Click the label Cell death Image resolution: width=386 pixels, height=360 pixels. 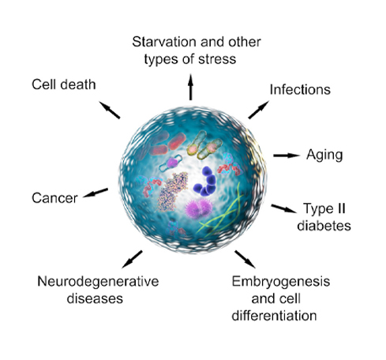pos(64,84)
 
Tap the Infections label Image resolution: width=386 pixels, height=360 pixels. pos(300,89)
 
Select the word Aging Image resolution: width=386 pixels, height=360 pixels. pos(324,156)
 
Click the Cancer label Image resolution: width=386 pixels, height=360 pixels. pos(54,198)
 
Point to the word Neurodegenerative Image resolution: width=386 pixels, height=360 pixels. pos(98,281)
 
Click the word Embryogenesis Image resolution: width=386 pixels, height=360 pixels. pos(281,282)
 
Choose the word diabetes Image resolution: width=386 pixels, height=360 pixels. pos(324,226)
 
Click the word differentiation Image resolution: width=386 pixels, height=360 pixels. pos(274,316)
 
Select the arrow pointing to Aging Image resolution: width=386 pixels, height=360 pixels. pos(287,156)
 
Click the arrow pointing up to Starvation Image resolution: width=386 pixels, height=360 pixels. pos(191,87)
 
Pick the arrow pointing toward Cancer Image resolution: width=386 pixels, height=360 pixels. pos(96,193)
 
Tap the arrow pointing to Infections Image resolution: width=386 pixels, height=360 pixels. pos(259,110)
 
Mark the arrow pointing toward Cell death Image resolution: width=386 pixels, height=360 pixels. pos(110,110)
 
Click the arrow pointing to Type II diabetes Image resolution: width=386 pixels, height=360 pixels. pos(284,208)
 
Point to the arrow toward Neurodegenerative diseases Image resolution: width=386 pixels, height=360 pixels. pos(132,259)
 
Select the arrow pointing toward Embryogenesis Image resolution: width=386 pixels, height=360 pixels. pos(245,259)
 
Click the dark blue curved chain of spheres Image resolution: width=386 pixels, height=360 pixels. pos(206,182)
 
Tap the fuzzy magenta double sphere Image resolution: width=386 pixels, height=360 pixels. pos(198,208)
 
